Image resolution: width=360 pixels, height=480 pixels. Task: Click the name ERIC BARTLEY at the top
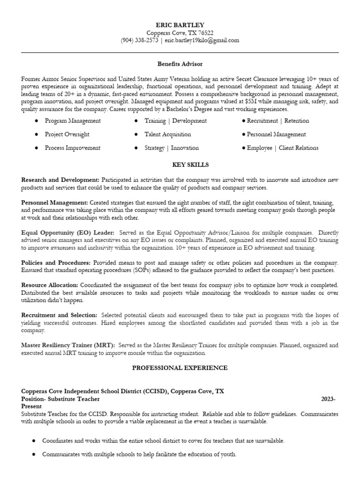click(x=180, y=25)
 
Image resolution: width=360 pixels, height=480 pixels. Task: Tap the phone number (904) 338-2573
click(x=140, y=40)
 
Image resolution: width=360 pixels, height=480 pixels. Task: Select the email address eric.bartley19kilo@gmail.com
click(x=202, y=40)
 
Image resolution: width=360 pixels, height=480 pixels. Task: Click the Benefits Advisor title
click(x=180, y=64)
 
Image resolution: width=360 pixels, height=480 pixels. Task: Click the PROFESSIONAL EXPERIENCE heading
click(x=180, y=368)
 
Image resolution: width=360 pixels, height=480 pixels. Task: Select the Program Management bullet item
click(x=73, y=121)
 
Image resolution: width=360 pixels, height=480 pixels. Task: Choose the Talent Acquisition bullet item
click(x=168, y=135)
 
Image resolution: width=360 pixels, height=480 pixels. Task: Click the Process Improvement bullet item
click(x=73, y=148)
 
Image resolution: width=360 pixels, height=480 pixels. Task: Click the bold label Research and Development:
click(x=60, y=180)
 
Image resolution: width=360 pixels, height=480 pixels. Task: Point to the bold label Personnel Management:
click(x=54, y=202)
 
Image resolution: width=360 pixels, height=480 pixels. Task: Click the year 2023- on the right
click(x=328, y=399)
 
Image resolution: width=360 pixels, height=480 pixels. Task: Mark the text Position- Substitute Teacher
click(x=60, y=399)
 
